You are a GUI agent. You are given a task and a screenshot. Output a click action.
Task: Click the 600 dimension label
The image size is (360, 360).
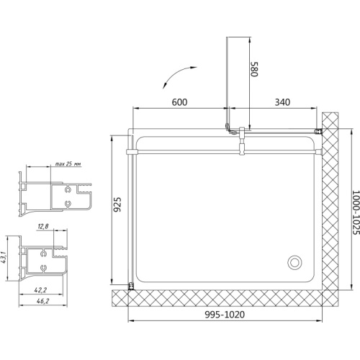point(179,102)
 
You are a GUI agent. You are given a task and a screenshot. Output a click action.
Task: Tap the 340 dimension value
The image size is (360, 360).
point(282,102)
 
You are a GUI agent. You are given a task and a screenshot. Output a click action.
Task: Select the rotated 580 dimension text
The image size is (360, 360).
point(254,69)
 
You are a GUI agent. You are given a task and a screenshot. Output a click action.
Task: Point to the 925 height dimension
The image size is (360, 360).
point(117,204)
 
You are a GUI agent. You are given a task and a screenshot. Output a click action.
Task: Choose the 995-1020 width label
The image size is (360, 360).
point(225,315)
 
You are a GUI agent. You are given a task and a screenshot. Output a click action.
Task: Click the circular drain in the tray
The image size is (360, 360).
point(294,262)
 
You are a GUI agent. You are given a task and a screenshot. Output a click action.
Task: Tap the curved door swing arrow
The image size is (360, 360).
point(177,75)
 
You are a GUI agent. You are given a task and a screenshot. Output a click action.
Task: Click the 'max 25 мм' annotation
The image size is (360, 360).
point(68,164)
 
